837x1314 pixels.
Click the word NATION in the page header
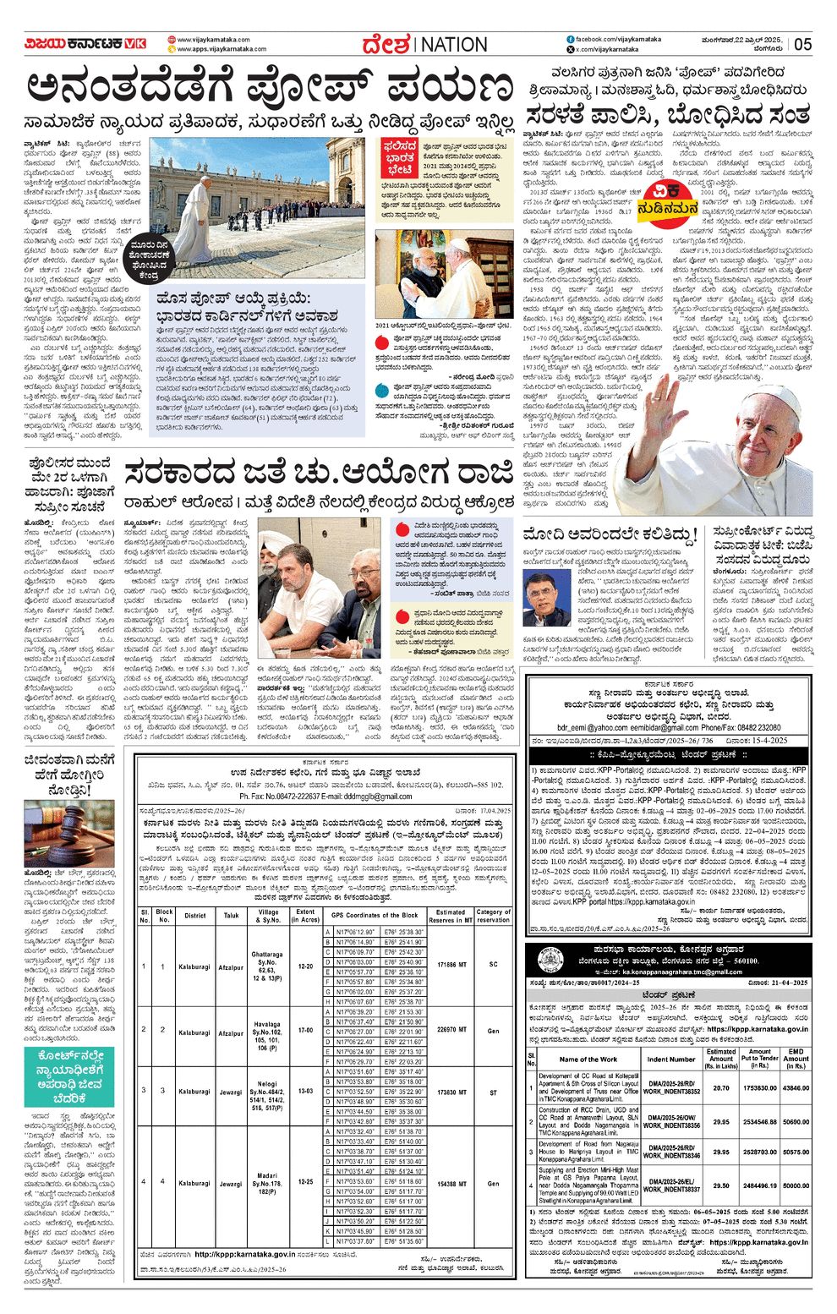[454, 44]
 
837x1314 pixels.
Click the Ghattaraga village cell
[267, 965]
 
